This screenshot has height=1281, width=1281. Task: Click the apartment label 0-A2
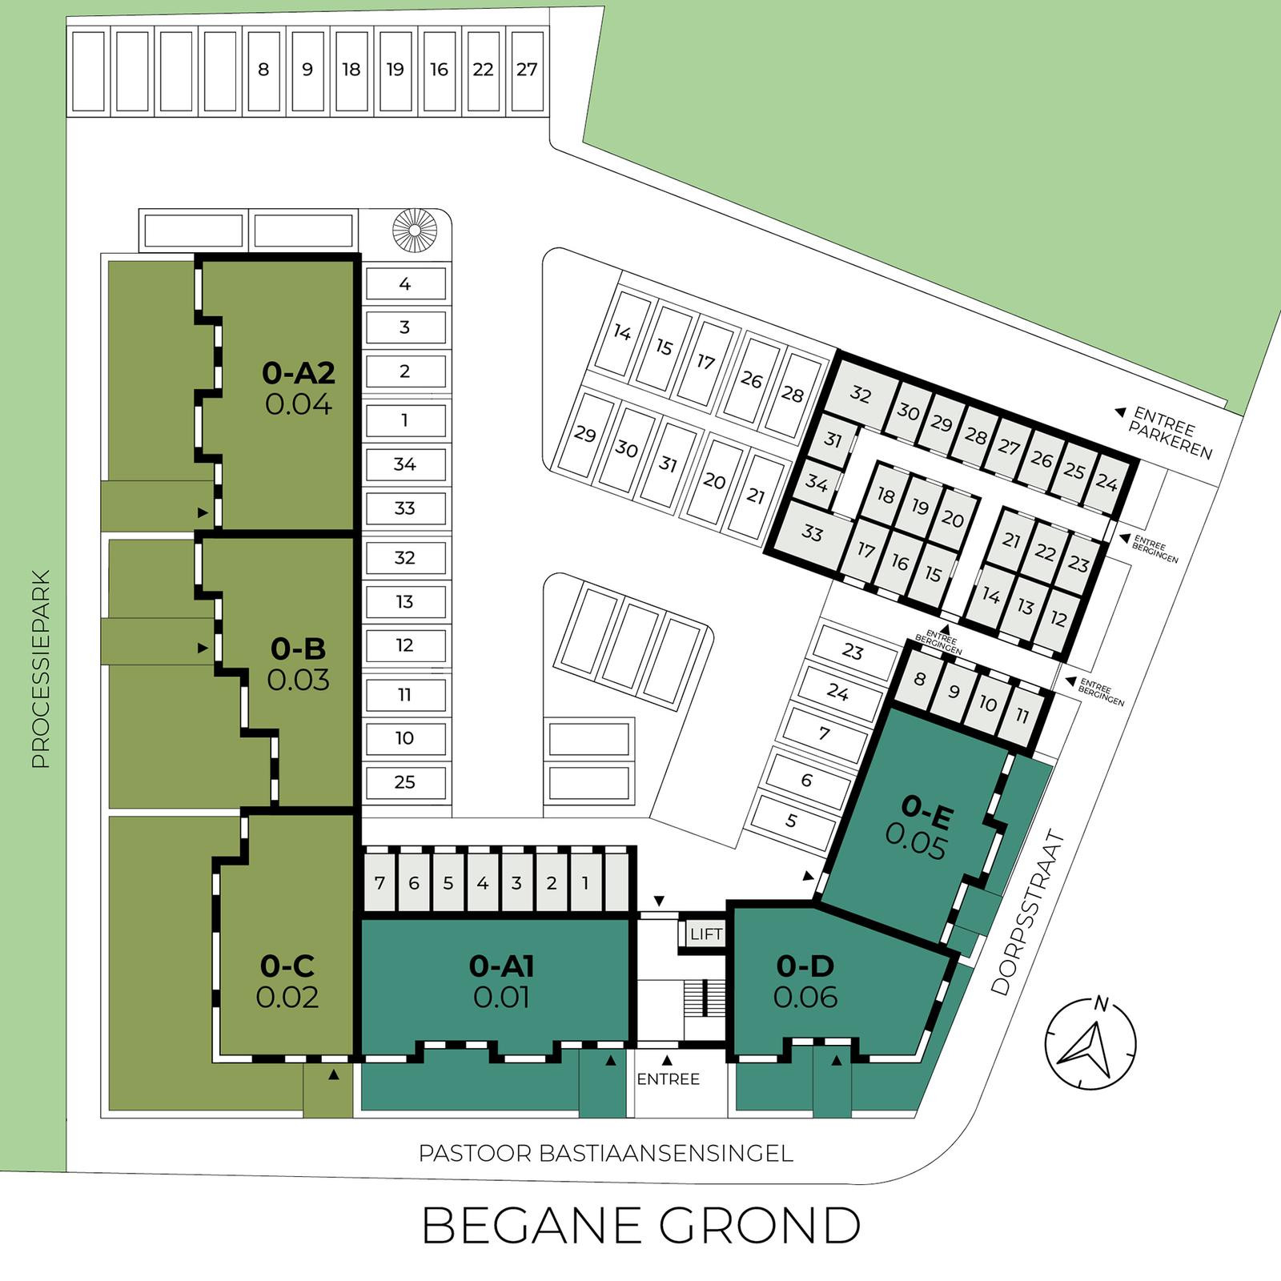pyautogui.click(x=298, y=372)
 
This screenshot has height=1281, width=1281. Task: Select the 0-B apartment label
pyautogui.click(x=298, y=648)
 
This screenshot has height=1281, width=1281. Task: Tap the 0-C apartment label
pyautogui.click(x=287, y=966)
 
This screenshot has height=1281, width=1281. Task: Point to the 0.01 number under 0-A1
pyautogui.click(x=501, y=997)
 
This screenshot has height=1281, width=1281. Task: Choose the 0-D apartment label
pyautogui.click(x=805, y=966)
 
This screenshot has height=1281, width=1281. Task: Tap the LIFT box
pyautogui.click(x=705, y=934)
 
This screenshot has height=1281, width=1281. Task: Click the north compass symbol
pyautogui.click(x=1090, y=1042)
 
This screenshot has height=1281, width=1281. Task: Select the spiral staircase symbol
pyautogui.click(x=415, y=231)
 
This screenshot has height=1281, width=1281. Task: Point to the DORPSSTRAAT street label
pyautogui.click(x=1029, y=913)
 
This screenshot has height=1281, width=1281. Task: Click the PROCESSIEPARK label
pyautogui.click(x=41, y=669)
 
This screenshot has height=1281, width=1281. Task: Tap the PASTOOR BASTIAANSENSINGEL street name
pyautogui.click(x=606, y=1153)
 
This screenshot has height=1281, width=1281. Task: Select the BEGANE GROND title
pyautogui.click(x=640, y=1225)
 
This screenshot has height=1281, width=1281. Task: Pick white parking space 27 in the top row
pyautogui.click(x=527, y=70)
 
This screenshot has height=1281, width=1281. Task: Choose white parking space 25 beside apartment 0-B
pyautogui.click(x=405, y=782)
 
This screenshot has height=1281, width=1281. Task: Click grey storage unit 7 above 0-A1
pyautogui.click(x=379, y=882)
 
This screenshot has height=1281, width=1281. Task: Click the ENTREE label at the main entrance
pyautogui.click(x=669, y=1079)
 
